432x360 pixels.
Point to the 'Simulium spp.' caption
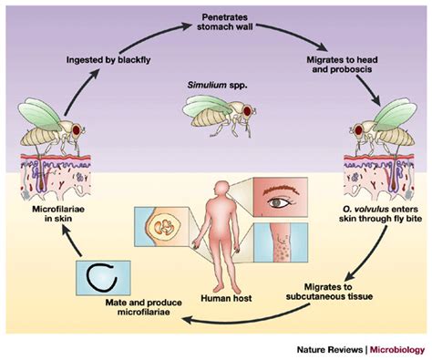click(216, 89)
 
